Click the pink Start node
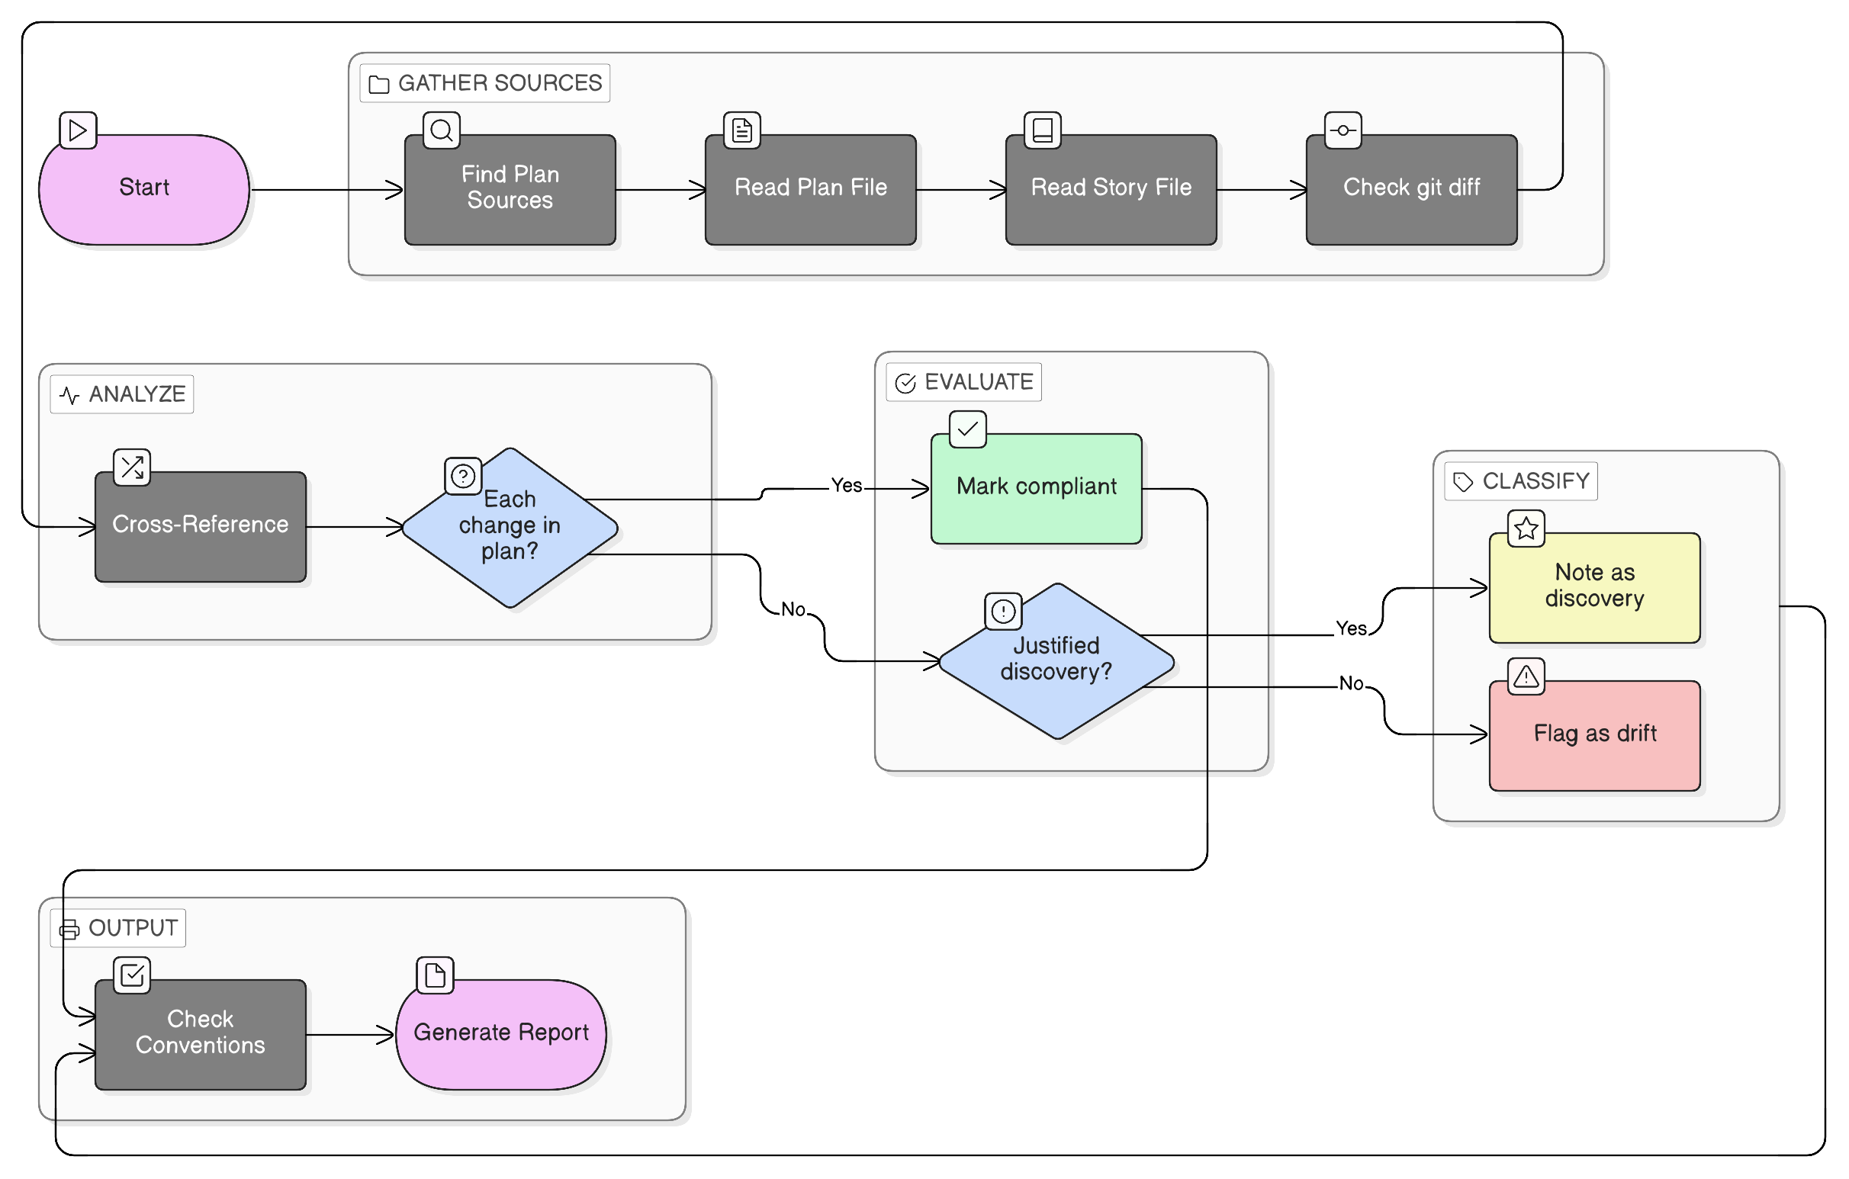pos(144,189)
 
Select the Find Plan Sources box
pos(510,189)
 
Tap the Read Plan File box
pos(810,189)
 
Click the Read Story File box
pos(1111,189)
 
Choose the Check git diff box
pos(1410,189)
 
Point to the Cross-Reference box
pos(201,526)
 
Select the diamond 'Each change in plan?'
pos(510,526)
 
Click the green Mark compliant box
pos(1036,488)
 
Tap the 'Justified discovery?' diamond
pos(1056,660)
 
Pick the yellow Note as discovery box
pos(1594,587)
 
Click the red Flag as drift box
pos(1594,734)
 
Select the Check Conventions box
pos(201,1033)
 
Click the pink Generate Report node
pos(500,1033)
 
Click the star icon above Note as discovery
pos(1526,528)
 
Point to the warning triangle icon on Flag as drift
pos(1526,676)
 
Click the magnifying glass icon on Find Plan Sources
pos(442,130)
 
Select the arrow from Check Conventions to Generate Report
pos(349,1035)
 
